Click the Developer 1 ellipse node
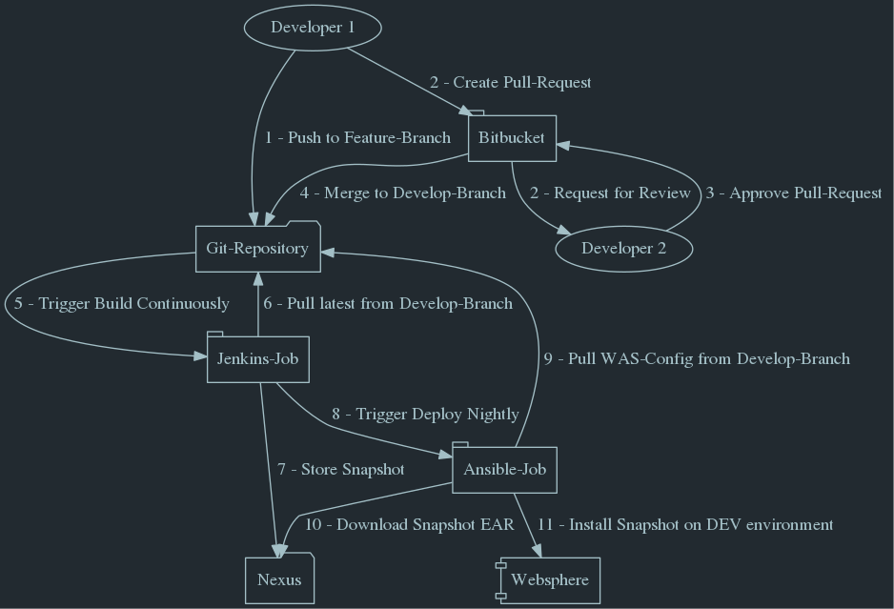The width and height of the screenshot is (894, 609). click(x=313, y=28)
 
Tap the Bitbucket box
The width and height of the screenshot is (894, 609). click(x=512, y=138)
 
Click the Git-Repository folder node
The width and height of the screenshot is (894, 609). click(x=257, y=249)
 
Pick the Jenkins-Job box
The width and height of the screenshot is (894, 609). click(x=257, y=359)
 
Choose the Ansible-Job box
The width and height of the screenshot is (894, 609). click(x=504, y=470)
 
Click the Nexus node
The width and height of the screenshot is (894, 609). click(x=279, y=579)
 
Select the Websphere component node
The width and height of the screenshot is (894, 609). click(x=549, y=579)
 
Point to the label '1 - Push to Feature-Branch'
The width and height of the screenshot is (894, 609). click(x=357, y=138)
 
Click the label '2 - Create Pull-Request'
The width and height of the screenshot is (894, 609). click(x=510, y=83)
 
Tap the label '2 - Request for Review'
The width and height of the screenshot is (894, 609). click(x=610, y=193)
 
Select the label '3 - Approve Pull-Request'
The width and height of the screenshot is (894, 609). click(x=793, y=193)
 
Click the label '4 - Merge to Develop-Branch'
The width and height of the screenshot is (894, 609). click(x=402, y=193)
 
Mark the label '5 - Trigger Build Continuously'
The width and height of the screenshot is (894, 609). click(x=121, y=304)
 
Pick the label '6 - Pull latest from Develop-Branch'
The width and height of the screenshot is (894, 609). click(x=388, y=304)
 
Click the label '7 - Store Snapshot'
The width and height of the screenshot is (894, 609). click(x=340, y=470)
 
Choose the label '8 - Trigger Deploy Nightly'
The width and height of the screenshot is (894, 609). click(x=425, y=415)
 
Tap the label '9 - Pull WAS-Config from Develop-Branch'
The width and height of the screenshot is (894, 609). click(x=696, y=359)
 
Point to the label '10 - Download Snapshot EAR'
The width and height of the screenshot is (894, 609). click(x=409, y=525)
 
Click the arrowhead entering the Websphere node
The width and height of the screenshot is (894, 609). click(x=538, y=551)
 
